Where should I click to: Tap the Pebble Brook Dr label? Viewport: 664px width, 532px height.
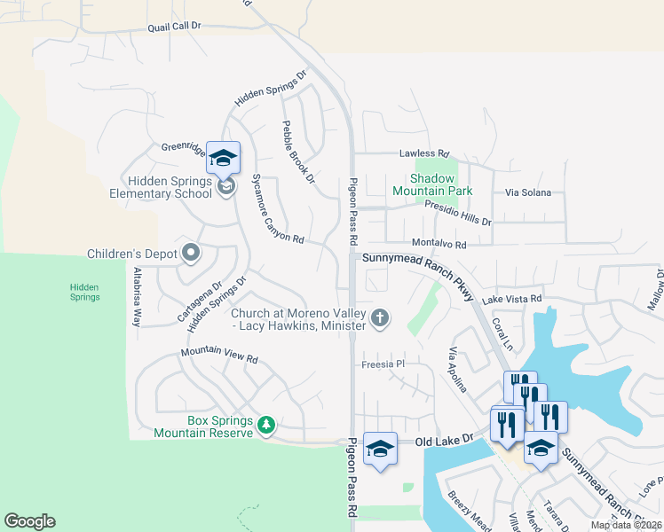(x=298, y=152)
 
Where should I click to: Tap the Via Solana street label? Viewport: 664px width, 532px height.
(x=527, y=192)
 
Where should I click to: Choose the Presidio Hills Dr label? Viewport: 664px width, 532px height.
(x=457, y=213)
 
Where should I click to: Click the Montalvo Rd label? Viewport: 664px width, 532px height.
(x=439, y=243)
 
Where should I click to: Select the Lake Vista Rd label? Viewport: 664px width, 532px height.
(x=511, y=300)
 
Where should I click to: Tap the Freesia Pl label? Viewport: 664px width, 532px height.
(x=383, y=364)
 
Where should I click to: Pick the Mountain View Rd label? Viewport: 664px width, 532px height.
(x=218, y=356)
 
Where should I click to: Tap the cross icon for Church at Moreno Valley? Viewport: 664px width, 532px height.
(x=380, y=318)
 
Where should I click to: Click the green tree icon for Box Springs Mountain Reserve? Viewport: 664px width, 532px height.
(x=265, y=426)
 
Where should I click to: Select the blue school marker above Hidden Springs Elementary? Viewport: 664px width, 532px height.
(x=223, y=157)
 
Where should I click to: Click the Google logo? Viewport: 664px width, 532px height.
(x=29, y=521)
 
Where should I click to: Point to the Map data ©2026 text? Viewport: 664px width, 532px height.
(x=625, y=525)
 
